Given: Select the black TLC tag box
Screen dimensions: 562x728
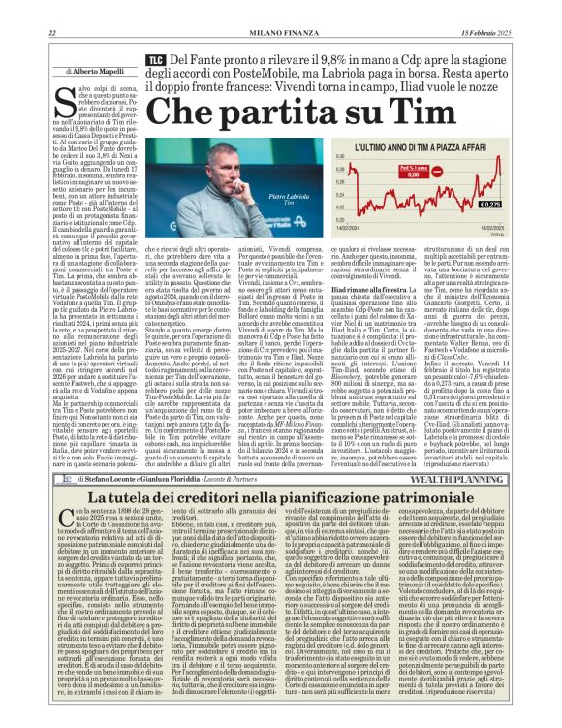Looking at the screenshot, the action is (154, 60).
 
